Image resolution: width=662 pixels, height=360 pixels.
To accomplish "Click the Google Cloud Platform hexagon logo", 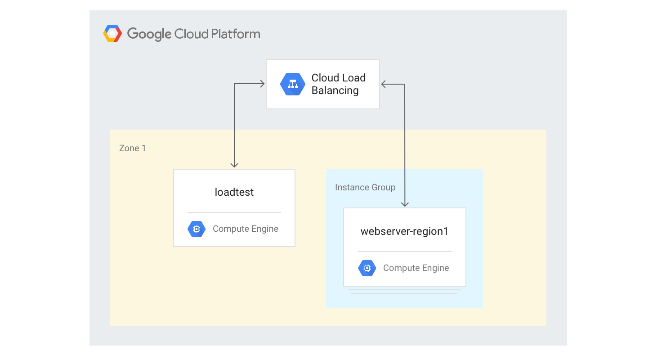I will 112,34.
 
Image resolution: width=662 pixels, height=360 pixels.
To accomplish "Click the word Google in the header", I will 149,34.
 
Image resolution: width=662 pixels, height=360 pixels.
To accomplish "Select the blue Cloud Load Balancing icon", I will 293,84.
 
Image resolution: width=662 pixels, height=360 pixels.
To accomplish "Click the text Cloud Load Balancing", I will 338,84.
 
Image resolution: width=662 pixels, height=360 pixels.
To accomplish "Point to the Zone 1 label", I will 132,148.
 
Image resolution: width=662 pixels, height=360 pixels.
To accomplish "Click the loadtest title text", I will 234,192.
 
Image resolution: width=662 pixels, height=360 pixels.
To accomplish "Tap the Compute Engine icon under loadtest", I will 196,229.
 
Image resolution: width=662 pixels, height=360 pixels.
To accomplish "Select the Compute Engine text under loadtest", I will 245,229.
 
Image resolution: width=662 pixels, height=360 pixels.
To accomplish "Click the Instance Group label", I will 365,187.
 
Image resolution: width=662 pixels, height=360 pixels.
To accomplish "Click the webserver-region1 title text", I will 404,232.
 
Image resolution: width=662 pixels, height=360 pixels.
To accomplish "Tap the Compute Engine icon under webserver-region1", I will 367,268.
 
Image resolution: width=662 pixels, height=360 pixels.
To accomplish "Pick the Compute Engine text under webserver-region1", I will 416,268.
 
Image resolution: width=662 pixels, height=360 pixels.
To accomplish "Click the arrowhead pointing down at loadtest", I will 234,165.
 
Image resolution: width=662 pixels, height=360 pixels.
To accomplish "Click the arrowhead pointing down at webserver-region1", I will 405,204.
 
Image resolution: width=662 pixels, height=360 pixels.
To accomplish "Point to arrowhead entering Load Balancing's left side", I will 261,84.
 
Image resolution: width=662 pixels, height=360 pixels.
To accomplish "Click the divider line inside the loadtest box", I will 234,212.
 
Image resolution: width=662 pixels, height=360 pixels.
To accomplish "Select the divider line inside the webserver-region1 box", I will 404,252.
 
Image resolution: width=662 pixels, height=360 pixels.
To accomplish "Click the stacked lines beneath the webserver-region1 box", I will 404,292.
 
